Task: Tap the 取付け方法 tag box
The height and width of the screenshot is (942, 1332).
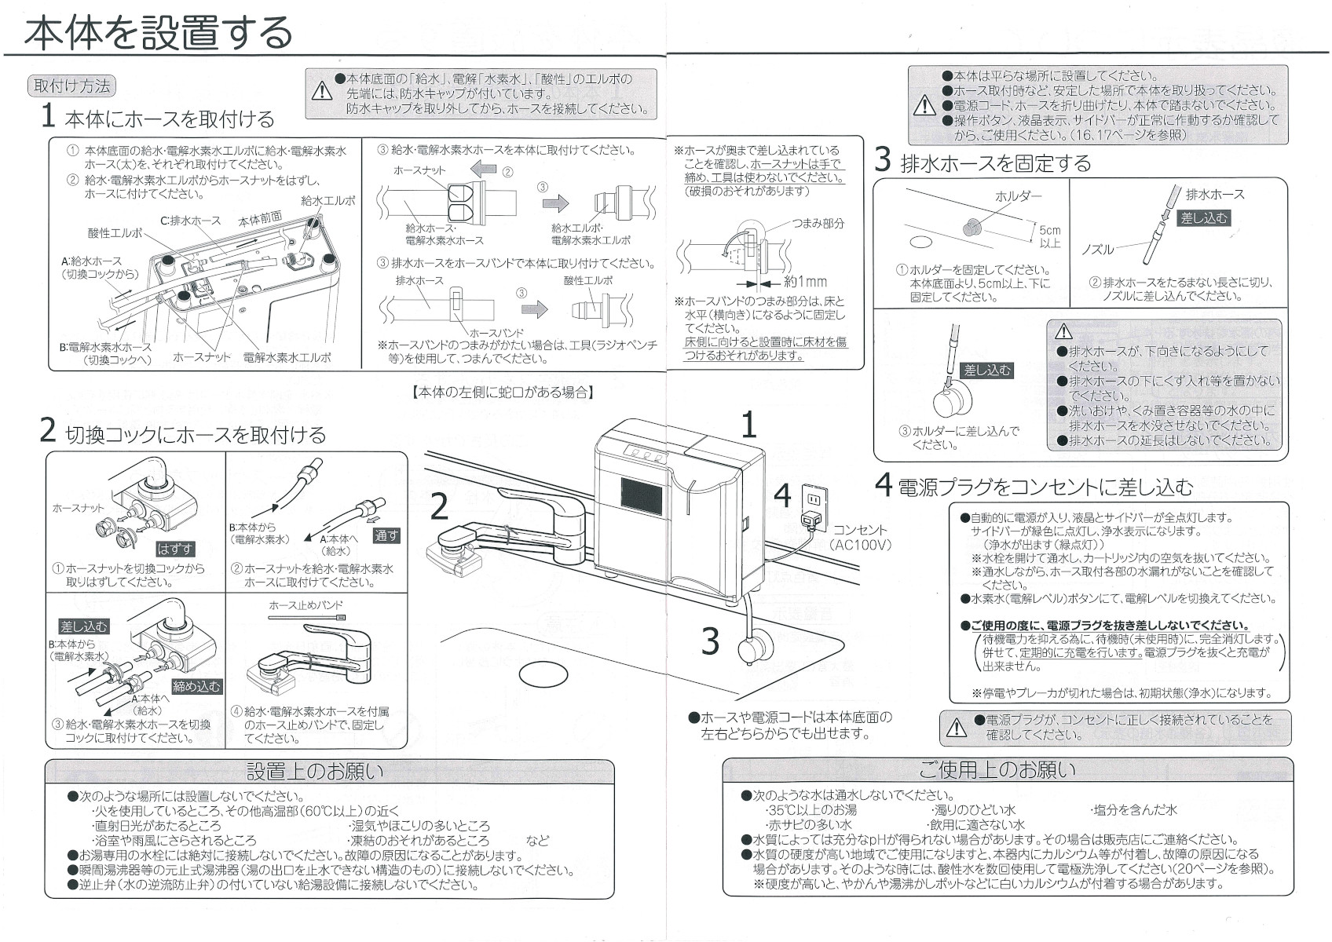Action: pyautogui.click(x=71, y=86)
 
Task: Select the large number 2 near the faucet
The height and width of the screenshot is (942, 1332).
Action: pyautogui.click(x=439, y=506)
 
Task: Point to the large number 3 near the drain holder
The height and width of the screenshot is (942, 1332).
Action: pyautogui.click(x=710, y=641)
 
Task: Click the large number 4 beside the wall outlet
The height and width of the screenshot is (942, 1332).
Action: pyautogui.click(x=782, y=495)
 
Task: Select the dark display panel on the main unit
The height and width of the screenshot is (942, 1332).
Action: pyautogui.click(x=645, y=497)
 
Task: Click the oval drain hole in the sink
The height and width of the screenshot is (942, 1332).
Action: pyautogui.click(x=543, y=673)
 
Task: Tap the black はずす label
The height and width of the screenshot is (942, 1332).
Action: pyautogui.click(x=174, y=549)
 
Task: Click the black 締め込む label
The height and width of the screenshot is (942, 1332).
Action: pyautogui.click(x=196, y=686)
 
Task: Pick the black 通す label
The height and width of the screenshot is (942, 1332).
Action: pyautogui.click(x=386, y=535)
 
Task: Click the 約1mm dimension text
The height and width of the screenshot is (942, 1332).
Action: pyautogui.click(x=805, y=282)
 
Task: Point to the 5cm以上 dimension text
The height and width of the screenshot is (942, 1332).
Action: pyautogui.click(x=1049, y=236)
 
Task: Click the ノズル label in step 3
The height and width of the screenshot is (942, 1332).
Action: pyautogui.click(x=1097, y=250)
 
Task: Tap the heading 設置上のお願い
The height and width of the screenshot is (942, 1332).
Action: pyautogui.click(x=315, y=771)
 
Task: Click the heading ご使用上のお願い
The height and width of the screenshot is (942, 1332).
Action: pyautogui.click(x=997, y=769)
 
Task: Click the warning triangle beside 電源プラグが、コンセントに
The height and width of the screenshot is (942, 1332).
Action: pyautogui.click(x=956, y=728)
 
